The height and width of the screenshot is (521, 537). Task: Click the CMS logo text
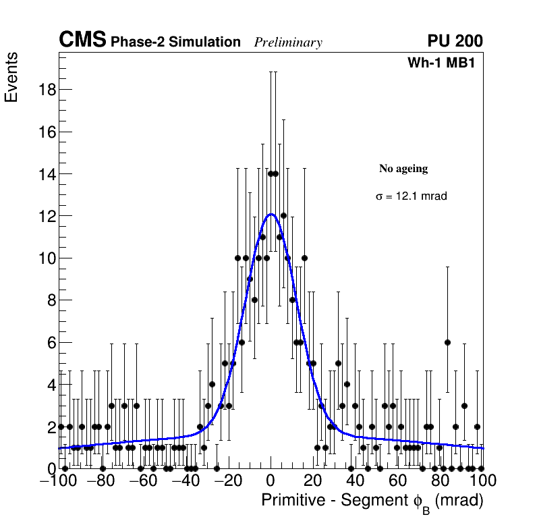[x=82, y=40]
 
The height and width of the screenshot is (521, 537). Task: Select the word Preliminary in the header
[x=288, y=43]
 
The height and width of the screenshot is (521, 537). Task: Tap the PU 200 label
[x=455, y=41]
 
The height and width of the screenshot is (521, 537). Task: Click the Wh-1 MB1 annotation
[x=445, y=63]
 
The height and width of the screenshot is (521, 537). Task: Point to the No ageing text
[x=403, y=169]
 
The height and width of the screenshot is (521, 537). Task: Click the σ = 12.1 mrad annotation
[x=411, y=196]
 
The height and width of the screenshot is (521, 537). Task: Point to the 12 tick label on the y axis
[x=45, y=216]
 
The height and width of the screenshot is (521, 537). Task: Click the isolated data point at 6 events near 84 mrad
[x=447, y=342]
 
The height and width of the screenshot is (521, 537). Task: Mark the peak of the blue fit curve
[x=271, y=215]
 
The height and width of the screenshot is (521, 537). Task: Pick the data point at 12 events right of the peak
[x=283, y=216]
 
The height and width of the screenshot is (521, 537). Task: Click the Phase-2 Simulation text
[x=175, y=43]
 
